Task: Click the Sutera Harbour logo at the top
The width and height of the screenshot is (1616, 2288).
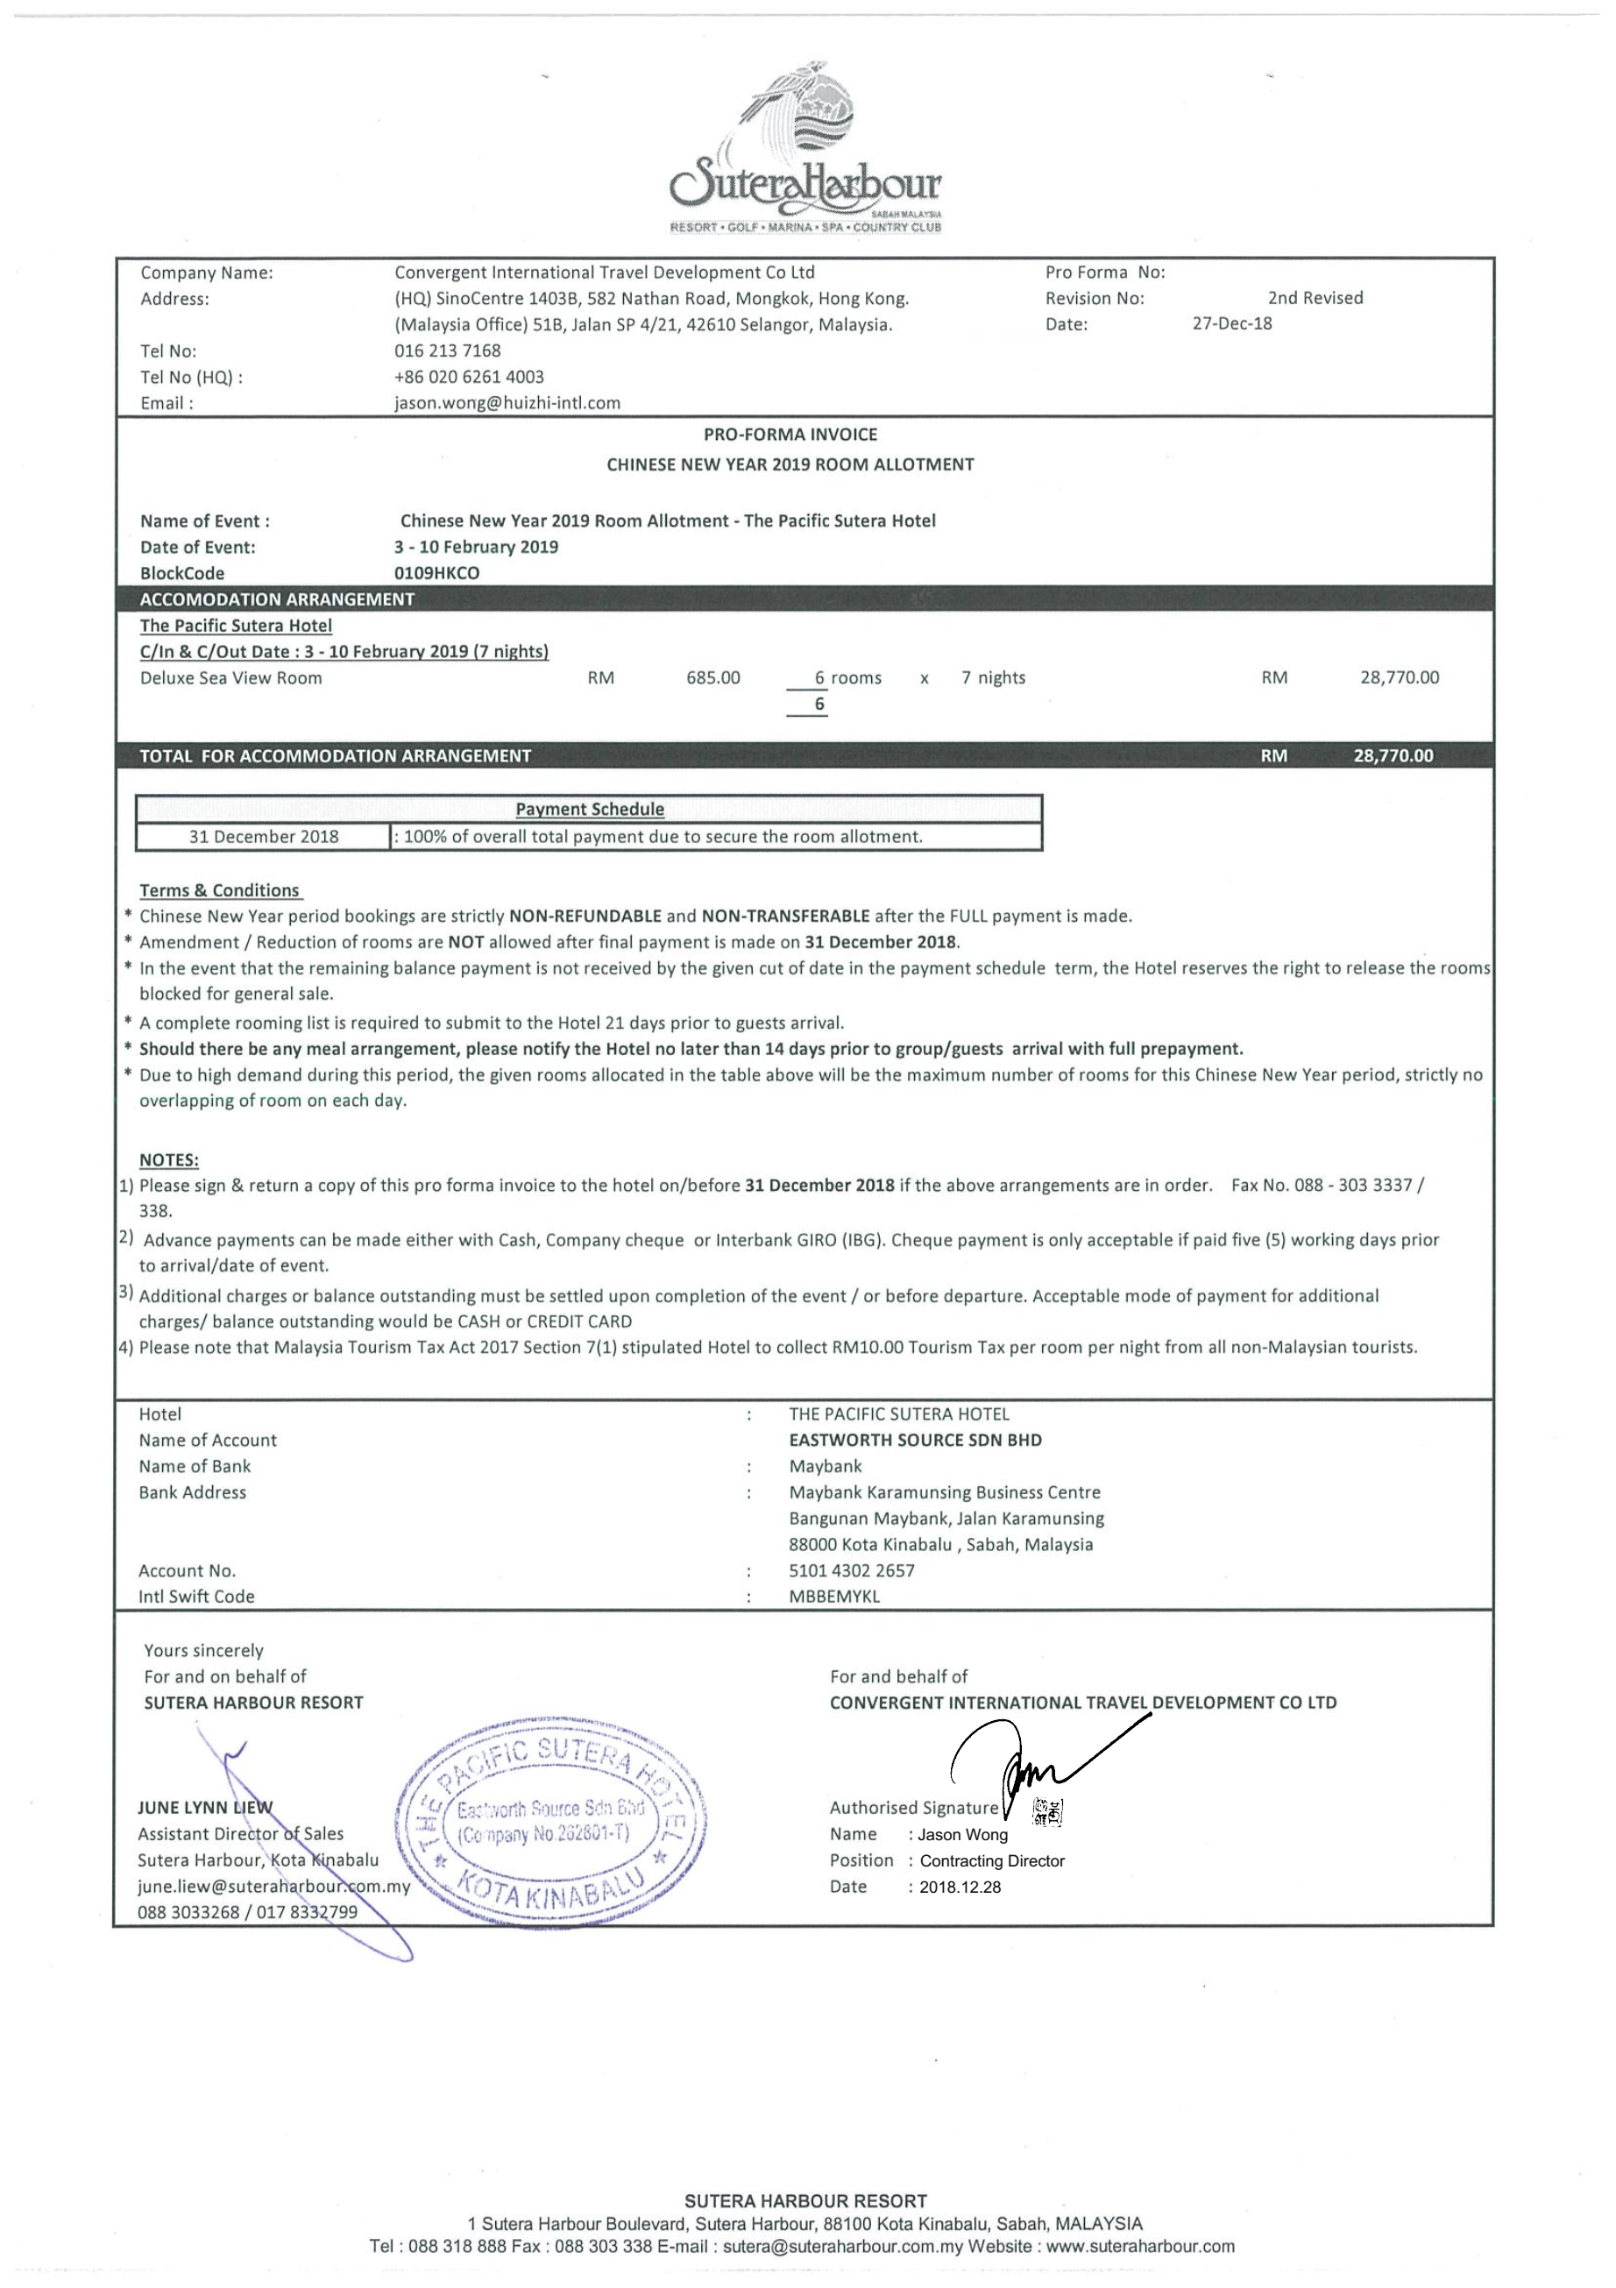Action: [x=805, y=150]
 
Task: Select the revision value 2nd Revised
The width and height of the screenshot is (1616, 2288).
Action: [x=1315, y=298]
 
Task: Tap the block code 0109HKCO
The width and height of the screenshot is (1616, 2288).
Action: [x=436, y=574]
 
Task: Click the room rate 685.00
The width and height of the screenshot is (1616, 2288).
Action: [x=712, y=678]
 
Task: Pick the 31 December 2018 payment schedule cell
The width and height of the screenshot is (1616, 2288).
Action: [x=263, y=837]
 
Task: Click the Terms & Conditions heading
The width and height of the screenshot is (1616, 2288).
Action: [x=219, y=891]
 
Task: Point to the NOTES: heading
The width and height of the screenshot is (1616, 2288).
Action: [x=168, y=1160]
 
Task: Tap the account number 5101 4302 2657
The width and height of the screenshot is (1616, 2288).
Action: [x=851, y=1570]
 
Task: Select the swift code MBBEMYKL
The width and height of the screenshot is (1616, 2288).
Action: [x=834, y=1597]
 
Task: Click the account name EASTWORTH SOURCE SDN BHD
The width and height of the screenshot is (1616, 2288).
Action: [x=915, y=1440]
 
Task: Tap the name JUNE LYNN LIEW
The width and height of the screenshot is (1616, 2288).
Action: [x=204, y=1808]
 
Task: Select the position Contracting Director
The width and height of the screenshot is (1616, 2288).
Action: [x=991, y=1860]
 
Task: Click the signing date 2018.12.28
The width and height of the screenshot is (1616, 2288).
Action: [x=960, y=1888]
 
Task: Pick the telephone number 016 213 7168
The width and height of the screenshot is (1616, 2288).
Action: [x=447, y=351]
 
